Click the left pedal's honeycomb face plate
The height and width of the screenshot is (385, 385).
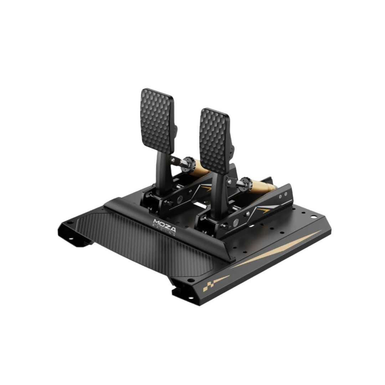(158, 121)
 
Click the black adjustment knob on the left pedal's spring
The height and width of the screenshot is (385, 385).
(188, 162)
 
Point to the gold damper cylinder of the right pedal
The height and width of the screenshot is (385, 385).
(261, 186)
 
